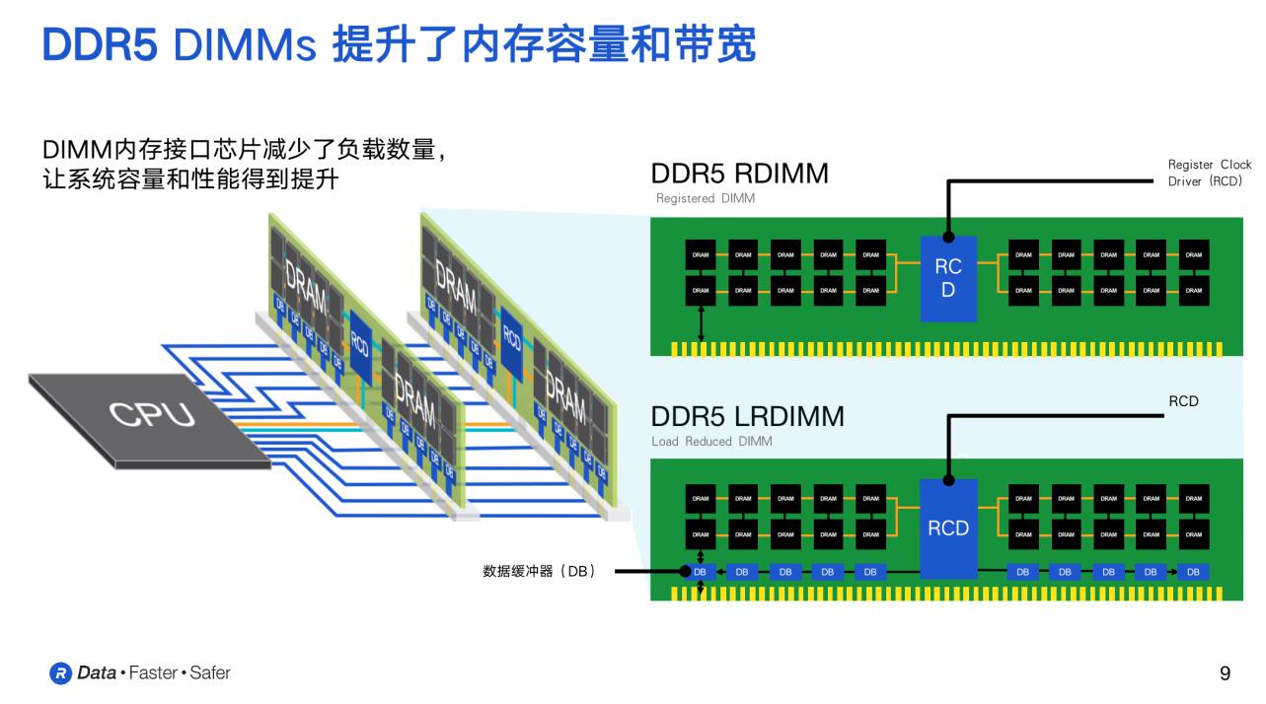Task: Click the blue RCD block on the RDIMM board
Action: coord(948,279)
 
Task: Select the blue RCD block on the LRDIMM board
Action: coord(948,528)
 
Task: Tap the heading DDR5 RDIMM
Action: coord(739,174)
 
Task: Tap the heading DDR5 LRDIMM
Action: coord(747,416)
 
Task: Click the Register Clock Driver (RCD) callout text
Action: coord(1209,173)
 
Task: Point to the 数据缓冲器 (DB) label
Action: coord(539,571)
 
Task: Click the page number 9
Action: coord(1225,673)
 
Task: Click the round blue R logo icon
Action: coord(61,673)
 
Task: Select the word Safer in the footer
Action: coord(209,673)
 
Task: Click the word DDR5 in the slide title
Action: coord(100,44)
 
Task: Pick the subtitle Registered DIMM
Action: coord(705,198)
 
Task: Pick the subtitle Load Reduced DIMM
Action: coord(711,441)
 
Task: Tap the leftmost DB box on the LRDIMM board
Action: coord(700,572)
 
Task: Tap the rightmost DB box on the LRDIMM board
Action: coord(1193,572)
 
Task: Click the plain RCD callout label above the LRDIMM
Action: coord(1183,401)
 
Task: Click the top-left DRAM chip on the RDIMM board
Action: coord(700,254)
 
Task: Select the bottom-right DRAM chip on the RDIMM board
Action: coord(1193,290)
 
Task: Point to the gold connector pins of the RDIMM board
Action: coord(946,349)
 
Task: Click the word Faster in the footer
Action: coord(153,673)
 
